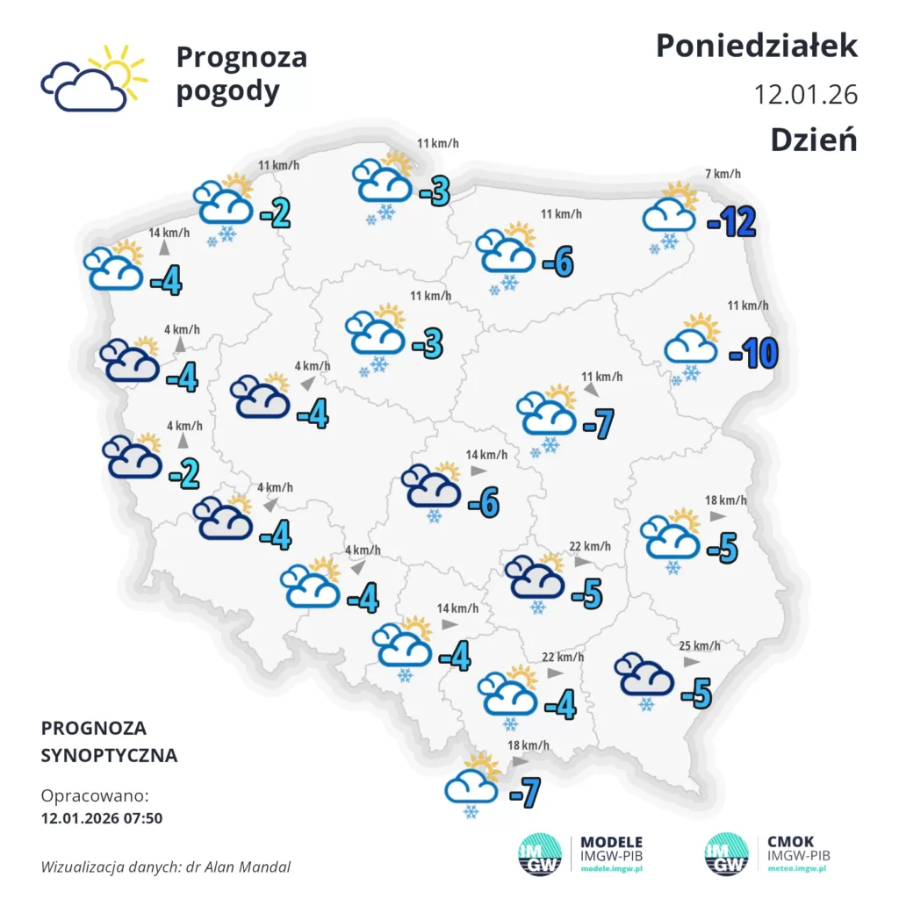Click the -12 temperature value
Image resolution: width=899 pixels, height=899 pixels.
click(x=731, y=223)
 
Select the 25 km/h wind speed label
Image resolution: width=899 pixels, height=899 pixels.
click(x=700, y=646)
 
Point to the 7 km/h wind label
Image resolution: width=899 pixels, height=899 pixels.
click(x=723, y=174)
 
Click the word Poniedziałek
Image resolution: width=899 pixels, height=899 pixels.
click(x=757, y=46)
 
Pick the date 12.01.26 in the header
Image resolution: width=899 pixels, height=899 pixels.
click(x=805, y=94)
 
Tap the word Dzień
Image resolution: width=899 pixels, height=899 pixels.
click(x=814, y=140)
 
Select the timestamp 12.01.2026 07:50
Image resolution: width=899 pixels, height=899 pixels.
click(x=101, y=818)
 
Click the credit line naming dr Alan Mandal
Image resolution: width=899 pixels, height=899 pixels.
click(x=165, y=867)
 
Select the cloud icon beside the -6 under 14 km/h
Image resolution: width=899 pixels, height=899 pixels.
click(x=432, y=488)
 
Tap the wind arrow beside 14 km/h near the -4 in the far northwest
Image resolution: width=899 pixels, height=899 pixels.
click(x=164, y=249)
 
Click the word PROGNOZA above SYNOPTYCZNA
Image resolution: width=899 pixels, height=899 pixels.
click(x=94, y=728)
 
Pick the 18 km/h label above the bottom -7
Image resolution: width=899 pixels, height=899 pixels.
click(x=529, y=745)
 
